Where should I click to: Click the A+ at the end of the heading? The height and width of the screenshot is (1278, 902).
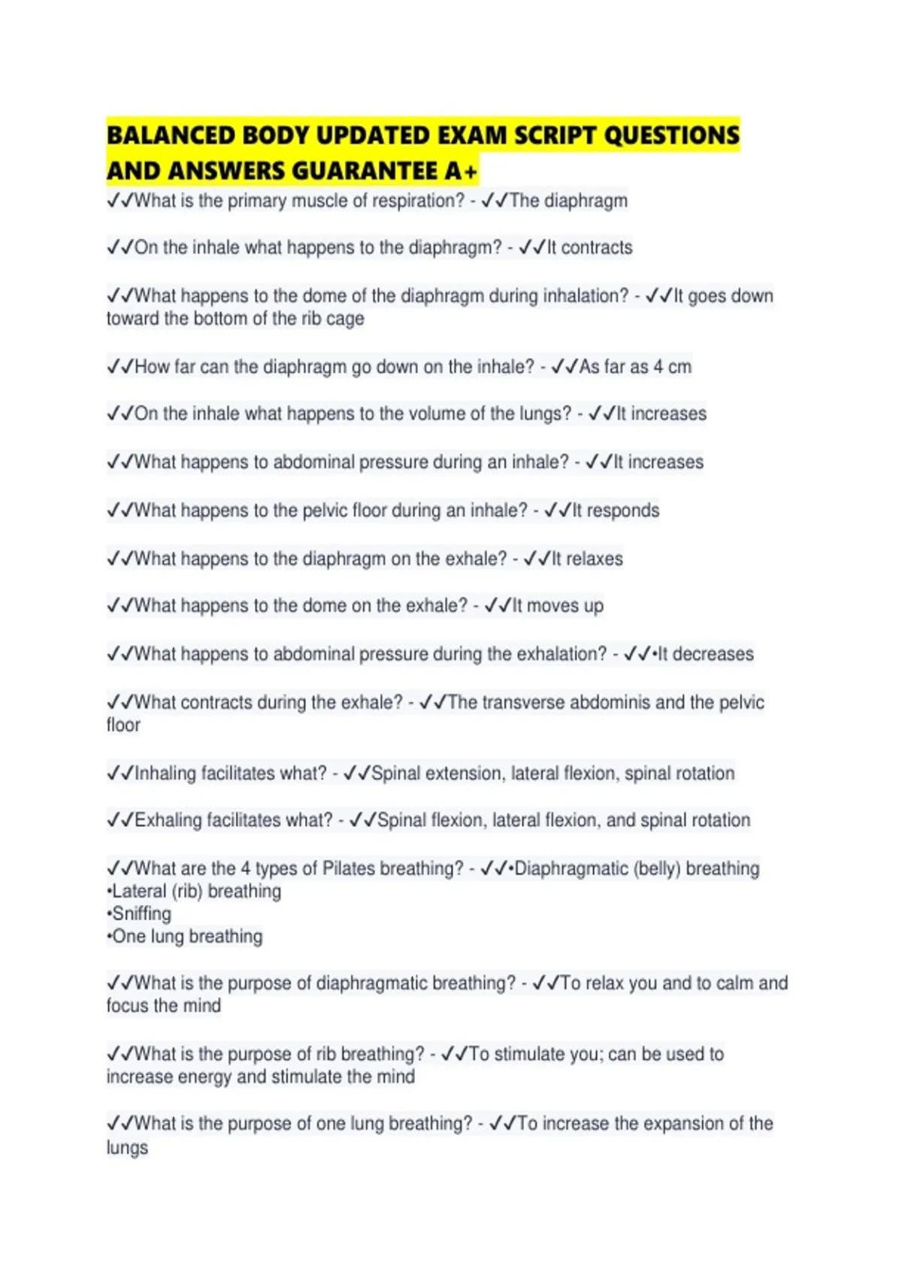[461, 171]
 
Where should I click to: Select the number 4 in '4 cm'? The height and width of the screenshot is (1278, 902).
[658, 367]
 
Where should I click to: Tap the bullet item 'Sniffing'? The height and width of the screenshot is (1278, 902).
[141, 914]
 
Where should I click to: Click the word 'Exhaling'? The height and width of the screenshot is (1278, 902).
[168, 820]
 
